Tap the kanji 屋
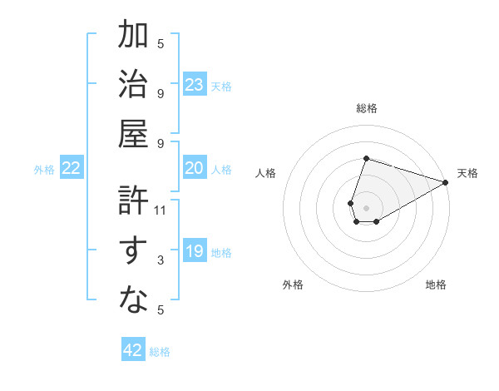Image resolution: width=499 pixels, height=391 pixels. [x=134, y=133]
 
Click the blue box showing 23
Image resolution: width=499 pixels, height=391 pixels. [x=194, y=84]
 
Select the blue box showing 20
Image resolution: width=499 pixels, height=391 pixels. [x=194, y=168]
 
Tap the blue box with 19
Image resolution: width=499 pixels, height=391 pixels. [x=194, y=251]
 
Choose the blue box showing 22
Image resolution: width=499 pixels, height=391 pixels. [x=72, y=168]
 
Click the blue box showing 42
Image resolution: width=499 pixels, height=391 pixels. [x=133, y=350]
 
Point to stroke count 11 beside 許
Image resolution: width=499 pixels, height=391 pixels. [x=161, y=210]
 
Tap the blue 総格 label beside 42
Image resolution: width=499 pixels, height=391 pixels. [x=160, y=352]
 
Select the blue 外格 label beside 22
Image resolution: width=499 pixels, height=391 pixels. [x=44, y=170]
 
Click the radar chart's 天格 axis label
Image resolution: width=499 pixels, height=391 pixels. [x=467, y=173]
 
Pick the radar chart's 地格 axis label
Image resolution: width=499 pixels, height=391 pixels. [x=436, y=285]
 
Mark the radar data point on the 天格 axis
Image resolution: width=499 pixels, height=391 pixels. [x=446, y=181]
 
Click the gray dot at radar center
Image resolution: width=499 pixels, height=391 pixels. [x=366, y=206]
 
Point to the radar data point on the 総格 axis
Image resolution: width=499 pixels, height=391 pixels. [x=366, y=158]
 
